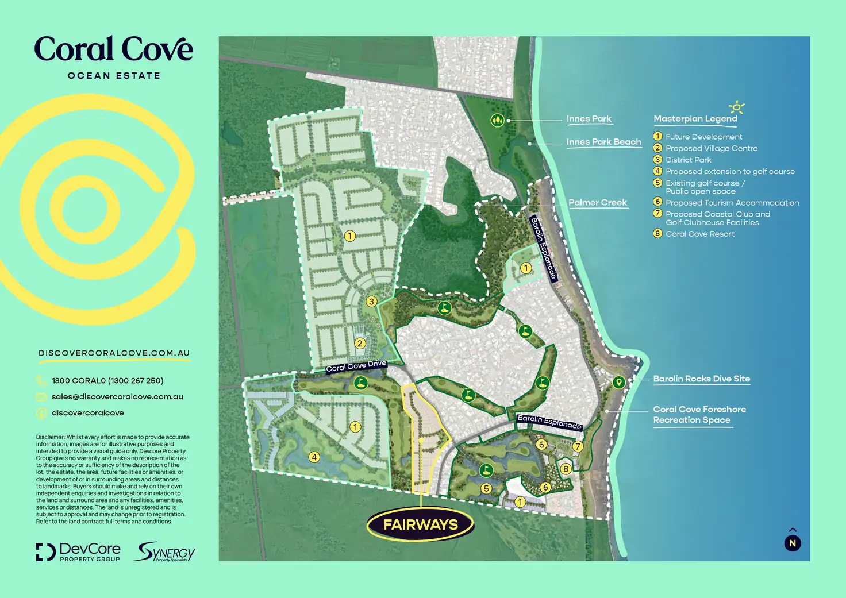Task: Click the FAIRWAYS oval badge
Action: [x=421, y=524]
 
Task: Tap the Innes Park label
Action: [x=589, y=119]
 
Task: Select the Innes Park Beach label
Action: [x=603, y=142]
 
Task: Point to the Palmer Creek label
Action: [x=598, y=203]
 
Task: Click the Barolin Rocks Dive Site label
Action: [x=701, y=379]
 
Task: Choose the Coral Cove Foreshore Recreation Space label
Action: [x=699, y=415]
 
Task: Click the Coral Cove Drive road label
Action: [x=356, y=366]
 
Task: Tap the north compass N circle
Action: [x=793, y=543]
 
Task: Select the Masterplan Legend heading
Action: [x=695, y=119]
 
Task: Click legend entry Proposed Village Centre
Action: [x=711, y=148]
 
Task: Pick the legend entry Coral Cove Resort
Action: [x=699, y=234]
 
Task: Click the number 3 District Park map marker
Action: [x=371, y=302]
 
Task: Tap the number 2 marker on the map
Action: [x=360, y=344]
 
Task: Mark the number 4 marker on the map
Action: [x=314, y=457]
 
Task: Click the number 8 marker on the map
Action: [x=566, y=469]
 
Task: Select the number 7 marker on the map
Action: [x=578, y=446]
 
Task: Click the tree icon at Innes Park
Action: [x=497, y=120]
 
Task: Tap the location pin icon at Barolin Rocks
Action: [x=618, y=382]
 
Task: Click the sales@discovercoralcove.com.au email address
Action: [x=117, y=397]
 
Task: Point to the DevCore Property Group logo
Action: [x=78, y=551]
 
